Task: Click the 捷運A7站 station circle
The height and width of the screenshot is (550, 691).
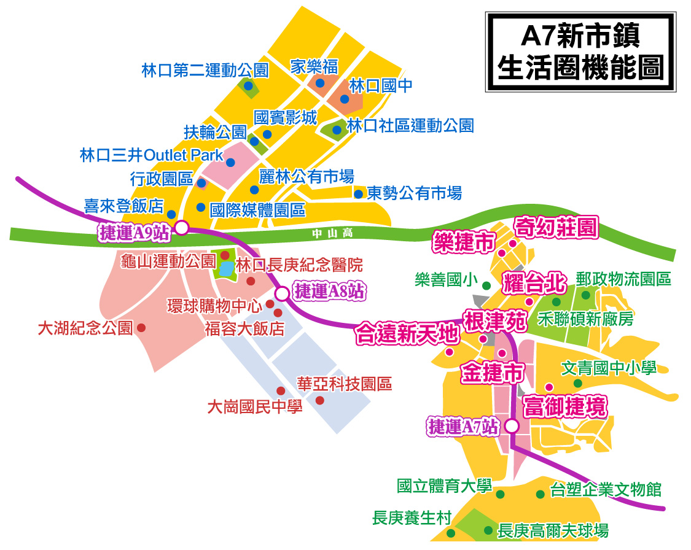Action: [512, 425]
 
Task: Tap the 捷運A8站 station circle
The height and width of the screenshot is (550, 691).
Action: [282, 294]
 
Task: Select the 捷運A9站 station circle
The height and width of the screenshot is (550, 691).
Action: [182, 228]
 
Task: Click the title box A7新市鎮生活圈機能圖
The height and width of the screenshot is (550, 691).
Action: [580, 52]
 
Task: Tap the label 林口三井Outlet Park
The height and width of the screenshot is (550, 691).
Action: [152, 155]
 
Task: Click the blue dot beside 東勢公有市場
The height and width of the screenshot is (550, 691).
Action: [358, 194]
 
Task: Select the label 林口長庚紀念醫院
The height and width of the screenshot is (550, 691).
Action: [300, 265]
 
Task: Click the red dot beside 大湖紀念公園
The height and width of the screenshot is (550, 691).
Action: [141, 328]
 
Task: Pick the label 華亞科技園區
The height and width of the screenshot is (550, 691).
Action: [344, 384]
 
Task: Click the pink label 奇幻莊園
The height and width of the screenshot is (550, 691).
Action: [555, 228]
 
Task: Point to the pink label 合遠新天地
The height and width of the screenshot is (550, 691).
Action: [407, 335]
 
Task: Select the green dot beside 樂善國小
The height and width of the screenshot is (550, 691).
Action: [486, 285]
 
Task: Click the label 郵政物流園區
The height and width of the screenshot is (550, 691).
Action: [623, 279]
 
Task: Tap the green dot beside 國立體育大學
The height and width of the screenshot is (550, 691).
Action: [500, 494]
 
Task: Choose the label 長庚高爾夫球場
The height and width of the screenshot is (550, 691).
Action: [553, 530]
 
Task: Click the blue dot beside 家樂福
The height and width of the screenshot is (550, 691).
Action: [320, 83]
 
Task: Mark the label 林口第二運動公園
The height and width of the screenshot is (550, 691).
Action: [205, 70]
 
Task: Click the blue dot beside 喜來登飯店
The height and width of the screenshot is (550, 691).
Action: [171, 215]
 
